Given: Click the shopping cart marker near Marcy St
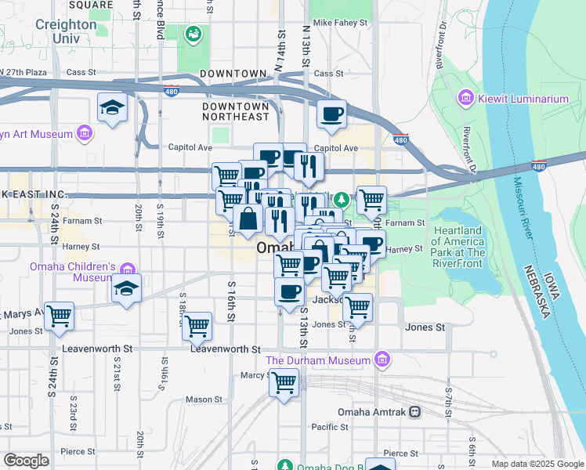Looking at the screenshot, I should (x=284, y=383).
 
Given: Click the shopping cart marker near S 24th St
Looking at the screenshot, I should (x=59, y=316).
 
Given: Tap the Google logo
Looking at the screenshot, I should (x=26, y=460).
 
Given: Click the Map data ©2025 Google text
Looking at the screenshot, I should (x=537, y=464).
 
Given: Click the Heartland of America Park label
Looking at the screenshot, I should (x=458, y=241).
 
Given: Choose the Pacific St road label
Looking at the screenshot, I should (x=329, y=427).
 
